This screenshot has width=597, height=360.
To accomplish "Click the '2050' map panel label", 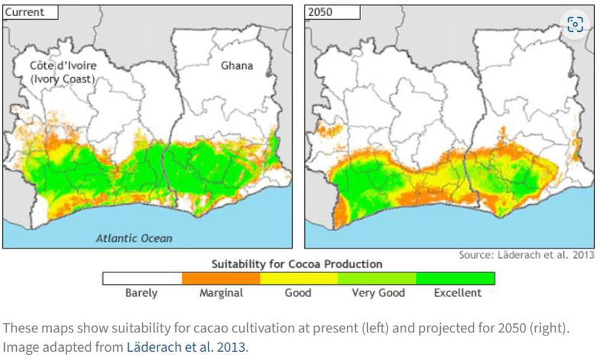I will click(x=321, y=11).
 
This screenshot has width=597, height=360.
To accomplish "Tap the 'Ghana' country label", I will click(x=236, y=65).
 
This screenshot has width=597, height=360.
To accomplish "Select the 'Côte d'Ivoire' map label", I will click(x=63, y=65).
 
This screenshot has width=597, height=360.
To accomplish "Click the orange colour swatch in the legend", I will click(x=220, y=278).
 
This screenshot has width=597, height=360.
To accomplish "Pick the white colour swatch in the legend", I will click(x=142, y=278).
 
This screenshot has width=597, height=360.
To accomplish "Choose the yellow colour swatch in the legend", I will click(x=298, y=278).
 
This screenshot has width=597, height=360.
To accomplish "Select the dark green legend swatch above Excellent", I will click(x=455, y=278).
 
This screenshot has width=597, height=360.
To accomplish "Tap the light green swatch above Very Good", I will click(x=377, y=278).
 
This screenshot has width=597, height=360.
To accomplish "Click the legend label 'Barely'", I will click(x=142, y=293).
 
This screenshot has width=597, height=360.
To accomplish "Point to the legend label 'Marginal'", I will click(x=221, y=293).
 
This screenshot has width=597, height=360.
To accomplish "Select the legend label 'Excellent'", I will click(x=457, y=293).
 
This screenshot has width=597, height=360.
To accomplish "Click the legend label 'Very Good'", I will click(x=378, y=293).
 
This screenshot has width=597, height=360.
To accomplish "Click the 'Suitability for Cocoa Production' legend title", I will click(x=297, y=264).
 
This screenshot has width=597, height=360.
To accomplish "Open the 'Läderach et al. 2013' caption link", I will click(x=185, y=347).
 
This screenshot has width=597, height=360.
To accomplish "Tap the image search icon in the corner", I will click(x=575, y=24).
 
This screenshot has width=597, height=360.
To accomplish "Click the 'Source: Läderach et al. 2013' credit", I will click(x=526, y=255).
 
